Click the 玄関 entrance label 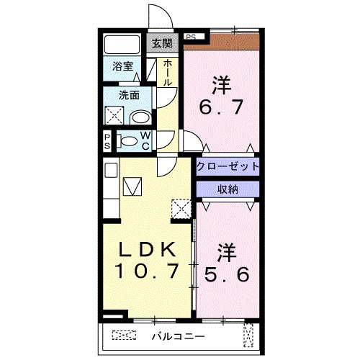tap(161, 43)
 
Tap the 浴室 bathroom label tap(122, 67)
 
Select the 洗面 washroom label tap(129, 94)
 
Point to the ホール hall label tap(167, 73)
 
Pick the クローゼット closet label tap(228, 166)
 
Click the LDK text tap(147, 249)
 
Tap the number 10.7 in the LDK tap(147, 271)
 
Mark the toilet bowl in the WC tap(130, 140)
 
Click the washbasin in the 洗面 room tap(141, 117)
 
